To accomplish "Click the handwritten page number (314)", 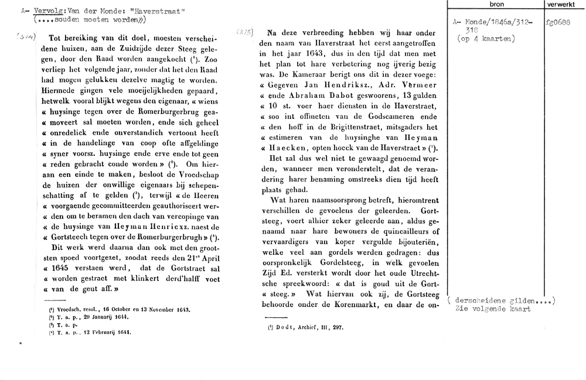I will pos(23,36).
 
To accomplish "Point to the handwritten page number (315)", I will pos(246,33).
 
